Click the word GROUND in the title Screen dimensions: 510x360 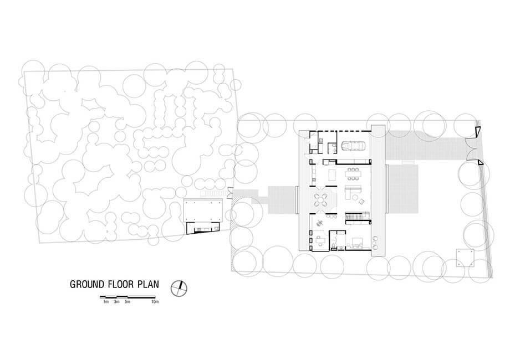click(87, 284)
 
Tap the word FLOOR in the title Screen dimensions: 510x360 click(121, 284)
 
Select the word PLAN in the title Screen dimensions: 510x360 click(149, 284)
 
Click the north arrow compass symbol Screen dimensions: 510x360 click(179, 288)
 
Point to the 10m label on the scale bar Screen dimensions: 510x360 click(155, 302)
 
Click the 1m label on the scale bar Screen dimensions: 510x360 click(106, 302)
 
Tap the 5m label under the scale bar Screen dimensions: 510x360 click(127, 302)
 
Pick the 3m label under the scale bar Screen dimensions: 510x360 click(117, 302)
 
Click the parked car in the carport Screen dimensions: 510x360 click(353, 146)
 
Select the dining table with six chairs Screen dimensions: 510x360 click(353, 173)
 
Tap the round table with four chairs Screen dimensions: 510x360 click(320, 200)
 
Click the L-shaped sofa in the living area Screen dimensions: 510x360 click(352, 192)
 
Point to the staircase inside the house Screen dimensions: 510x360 click(357, 216)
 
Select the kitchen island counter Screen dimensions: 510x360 click(331, 175)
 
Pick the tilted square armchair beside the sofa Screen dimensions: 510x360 click(361, 202)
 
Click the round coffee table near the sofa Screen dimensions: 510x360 click(355, 197)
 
